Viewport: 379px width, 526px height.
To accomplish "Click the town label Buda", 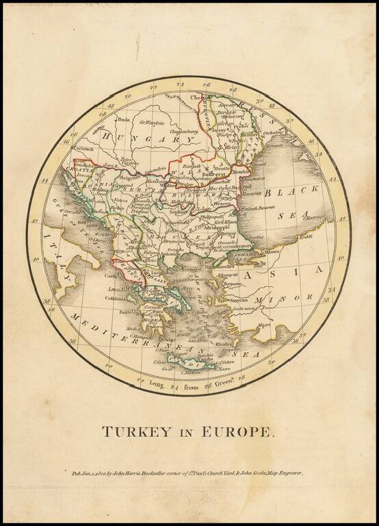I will [124, 118].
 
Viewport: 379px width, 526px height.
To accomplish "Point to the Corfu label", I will [109, 276].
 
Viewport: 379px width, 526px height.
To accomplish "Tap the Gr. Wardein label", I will [153, 122].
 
